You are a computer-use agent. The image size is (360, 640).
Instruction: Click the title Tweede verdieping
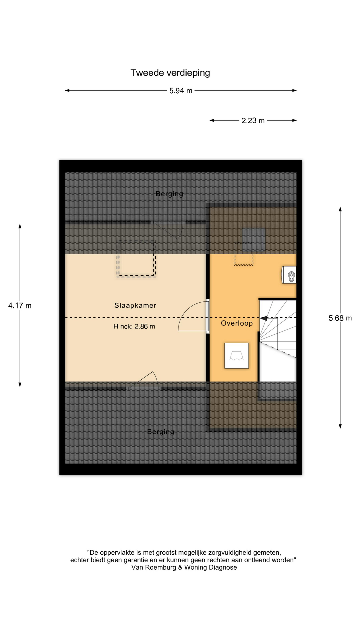tap(170, 73)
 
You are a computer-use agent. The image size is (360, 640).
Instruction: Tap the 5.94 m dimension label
tap(181, 91)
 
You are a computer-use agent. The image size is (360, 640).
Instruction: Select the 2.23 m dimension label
tap(253, 121)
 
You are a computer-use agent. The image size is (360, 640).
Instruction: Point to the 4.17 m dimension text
tap(20, 306)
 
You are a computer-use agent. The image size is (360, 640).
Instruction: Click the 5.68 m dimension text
tap(340, 318)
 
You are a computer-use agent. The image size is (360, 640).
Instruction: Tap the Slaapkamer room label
tap(135, 305)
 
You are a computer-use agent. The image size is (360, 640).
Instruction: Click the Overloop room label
tap(237, 323)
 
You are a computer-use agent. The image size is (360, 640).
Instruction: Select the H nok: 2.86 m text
tap(134, 326)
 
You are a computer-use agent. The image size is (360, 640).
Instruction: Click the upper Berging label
tap(169, 194)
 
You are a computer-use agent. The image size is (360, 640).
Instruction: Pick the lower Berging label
tap(161, 432)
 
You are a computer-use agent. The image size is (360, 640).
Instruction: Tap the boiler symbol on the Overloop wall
tap(289, 275)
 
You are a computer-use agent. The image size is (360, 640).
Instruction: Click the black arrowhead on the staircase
tap(264, 318)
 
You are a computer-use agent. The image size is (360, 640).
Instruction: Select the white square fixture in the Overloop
tap(237, 356)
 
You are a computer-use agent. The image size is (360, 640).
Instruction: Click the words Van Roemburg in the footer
tap(154, 567)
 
